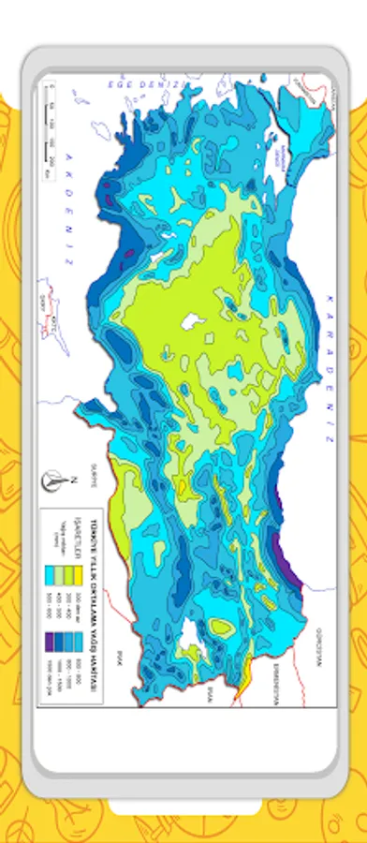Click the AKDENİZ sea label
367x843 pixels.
point(66,226)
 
